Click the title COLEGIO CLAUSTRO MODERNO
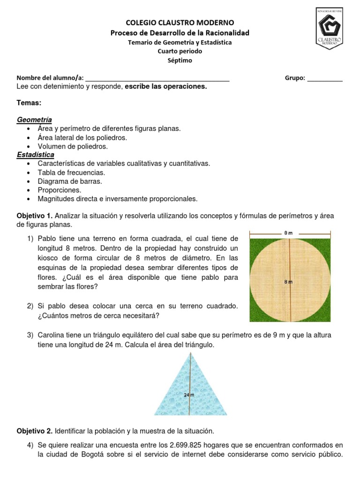click(180, 22)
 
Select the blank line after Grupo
click(325, 78)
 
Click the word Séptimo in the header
click(180, 60)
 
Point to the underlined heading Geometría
click(34, 120)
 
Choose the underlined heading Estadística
click(36, 155)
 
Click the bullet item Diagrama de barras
click(70, 181)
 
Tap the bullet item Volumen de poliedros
click(73, 146)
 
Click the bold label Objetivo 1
click(35, 216)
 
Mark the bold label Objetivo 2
click(35, 430)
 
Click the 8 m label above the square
click(289, 232)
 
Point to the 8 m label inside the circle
click(288, 282)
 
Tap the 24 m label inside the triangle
click(189, 395)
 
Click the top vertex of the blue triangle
click(191, 352)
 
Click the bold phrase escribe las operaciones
click(165, 86)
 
